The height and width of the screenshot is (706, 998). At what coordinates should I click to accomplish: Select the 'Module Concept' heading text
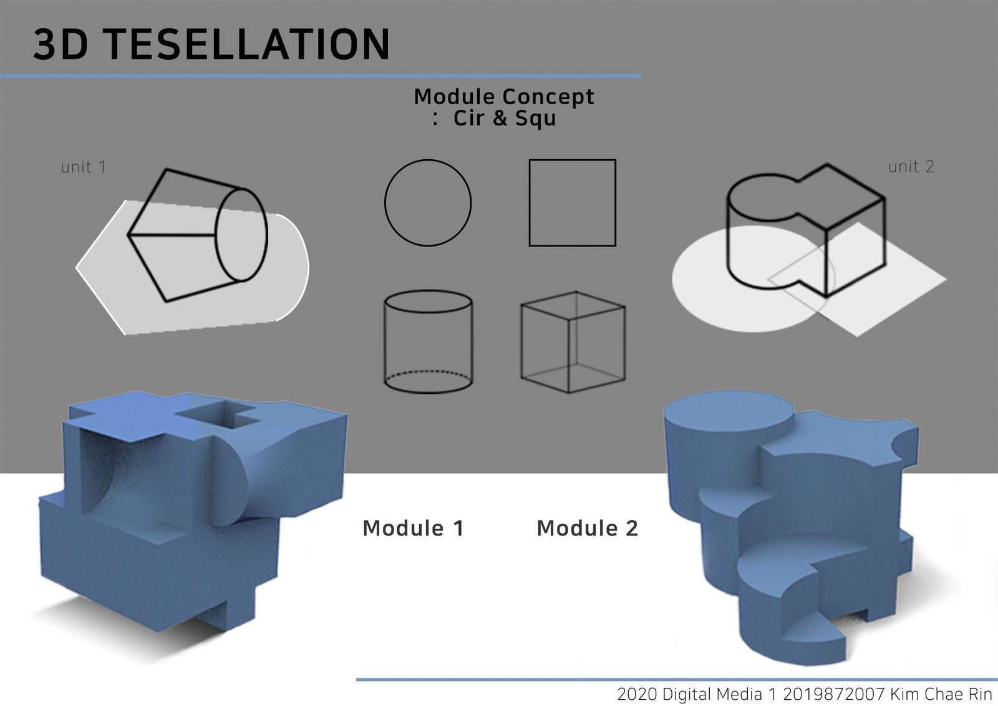tap(504, 97)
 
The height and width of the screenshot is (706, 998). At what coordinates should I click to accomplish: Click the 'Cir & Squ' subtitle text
tap(505, 118)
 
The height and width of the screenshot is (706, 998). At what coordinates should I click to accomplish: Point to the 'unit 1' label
tap(84, 167)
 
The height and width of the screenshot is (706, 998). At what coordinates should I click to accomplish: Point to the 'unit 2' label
tap(911, 166)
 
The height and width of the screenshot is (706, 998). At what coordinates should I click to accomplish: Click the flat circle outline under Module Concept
tap(385, 203)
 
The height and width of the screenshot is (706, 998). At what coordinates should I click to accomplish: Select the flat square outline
tap(530, 203)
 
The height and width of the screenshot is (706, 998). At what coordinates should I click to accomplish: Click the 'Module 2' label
tap(587, 528)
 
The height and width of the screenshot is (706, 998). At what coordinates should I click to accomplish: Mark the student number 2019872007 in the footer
tap(833, 694)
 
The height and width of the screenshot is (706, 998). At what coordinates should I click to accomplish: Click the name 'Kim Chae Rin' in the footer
tap(941, 694)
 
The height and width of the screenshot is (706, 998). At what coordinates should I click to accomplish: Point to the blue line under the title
tap(321, 76)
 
